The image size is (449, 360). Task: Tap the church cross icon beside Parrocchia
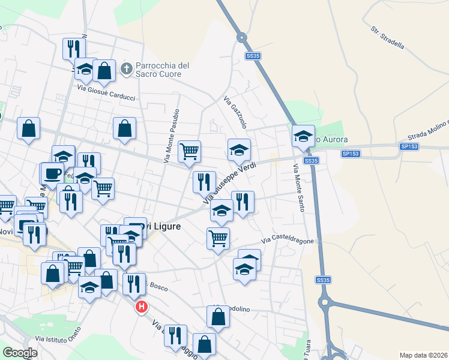126,69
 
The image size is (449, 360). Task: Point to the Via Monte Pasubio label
171,136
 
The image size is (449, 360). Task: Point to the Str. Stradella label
388,37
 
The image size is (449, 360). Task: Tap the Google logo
20,353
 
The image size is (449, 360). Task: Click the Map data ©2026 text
423,355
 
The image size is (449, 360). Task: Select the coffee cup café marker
52,173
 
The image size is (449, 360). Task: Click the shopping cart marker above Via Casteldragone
218,238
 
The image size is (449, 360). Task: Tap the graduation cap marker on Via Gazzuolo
239,149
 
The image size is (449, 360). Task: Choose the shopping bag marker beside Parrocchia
104,70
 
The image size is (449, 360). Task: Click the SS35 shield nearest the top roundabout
253,56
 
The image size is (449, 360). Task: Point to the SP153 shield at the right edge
409,146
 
